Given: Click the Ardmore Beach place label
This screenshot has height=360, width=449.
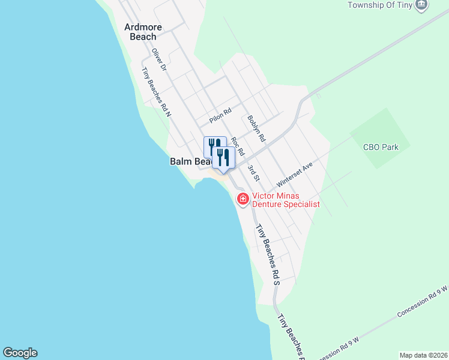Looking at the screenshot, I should (140, 31).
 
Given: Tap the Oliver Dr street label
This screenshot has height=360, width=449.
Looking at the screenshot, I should (159, 61).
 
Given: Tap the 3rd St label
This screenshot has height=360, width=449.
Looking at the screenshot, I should (255, 173).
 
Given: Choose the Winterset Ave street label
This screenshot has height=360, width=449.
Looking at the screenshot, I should (295, 173).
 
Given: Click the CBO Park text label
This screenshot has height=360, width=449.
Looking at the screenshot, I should (381, 146).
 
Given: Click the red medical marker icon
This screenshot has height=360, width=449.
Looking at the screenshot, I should (243, 199).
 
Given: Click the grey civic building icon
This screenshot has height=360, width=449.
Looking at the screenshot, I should (422, 5).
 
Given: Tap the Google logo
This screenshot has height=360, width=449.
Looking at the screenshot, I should (20, 353).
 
